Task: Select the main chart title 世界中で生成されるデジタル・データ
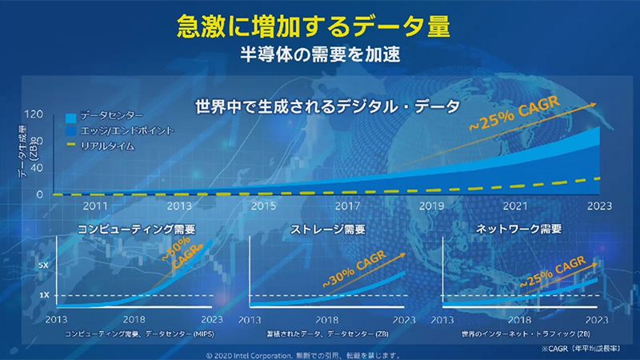click(x=327, y=106)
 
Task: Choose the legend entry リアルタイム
click(x=112, y=146)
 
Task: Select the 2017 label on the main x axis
click(x=346, y=206)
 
